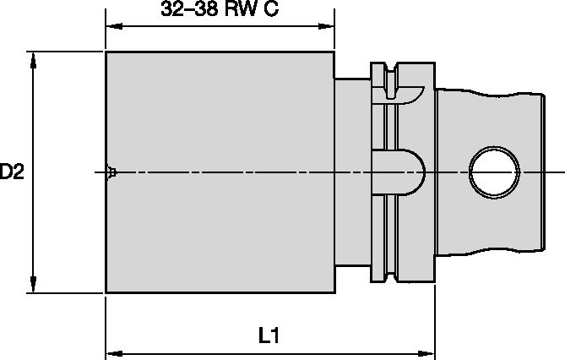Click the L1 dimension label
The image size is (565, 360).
click(x=269, y=335)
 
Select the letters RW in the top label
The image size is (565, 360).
click(x=242, y=11)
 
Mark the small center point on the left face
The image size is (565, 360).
click(x=111, y=172)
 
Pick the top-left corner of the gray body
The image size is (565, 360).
click(x=106, y=52)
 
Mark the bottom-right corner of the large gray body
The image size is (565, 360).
click(x=334, y=292)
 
